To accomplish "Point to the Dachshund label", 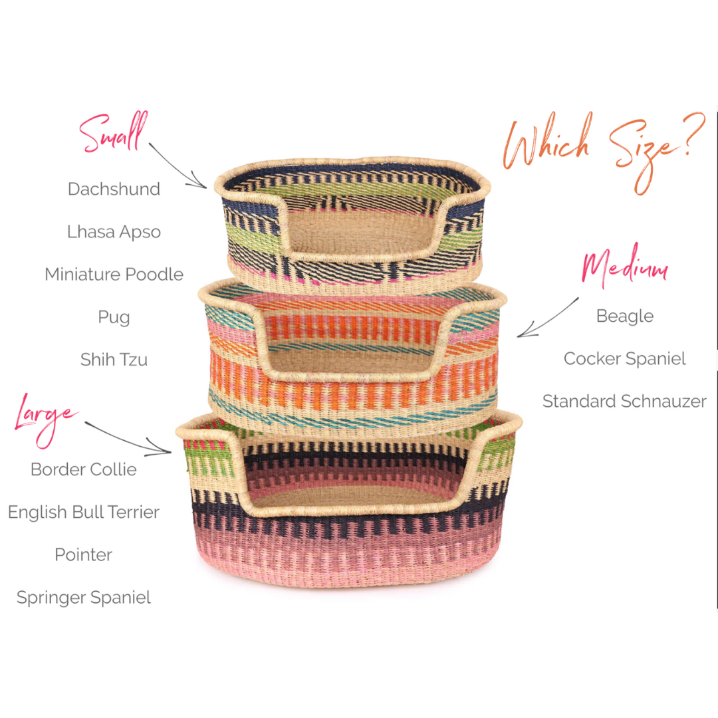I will (114, 189).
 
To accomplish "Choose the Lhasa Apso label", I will (114, 231).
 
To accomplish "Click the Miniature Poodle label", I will (114, 274).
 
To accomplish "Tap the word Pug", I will (114, 316).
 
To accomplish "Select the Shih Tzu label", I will (114, 360).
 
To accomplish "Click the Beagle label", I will (624, 316).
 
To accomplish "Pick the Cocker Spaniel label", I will (624, 358).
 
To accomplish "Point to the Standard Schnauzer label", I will (624, 401).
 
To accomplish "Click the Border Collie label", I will (84, 469).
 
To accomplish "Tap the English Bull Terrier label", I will (84, 512).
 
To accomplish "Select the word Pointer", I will (84, 554).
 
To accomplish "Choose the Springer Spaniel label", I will (84, 597).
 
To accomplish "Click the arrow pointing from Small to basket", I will (178, 165).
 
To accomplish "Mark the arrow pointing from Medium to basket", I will (548, 318).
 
